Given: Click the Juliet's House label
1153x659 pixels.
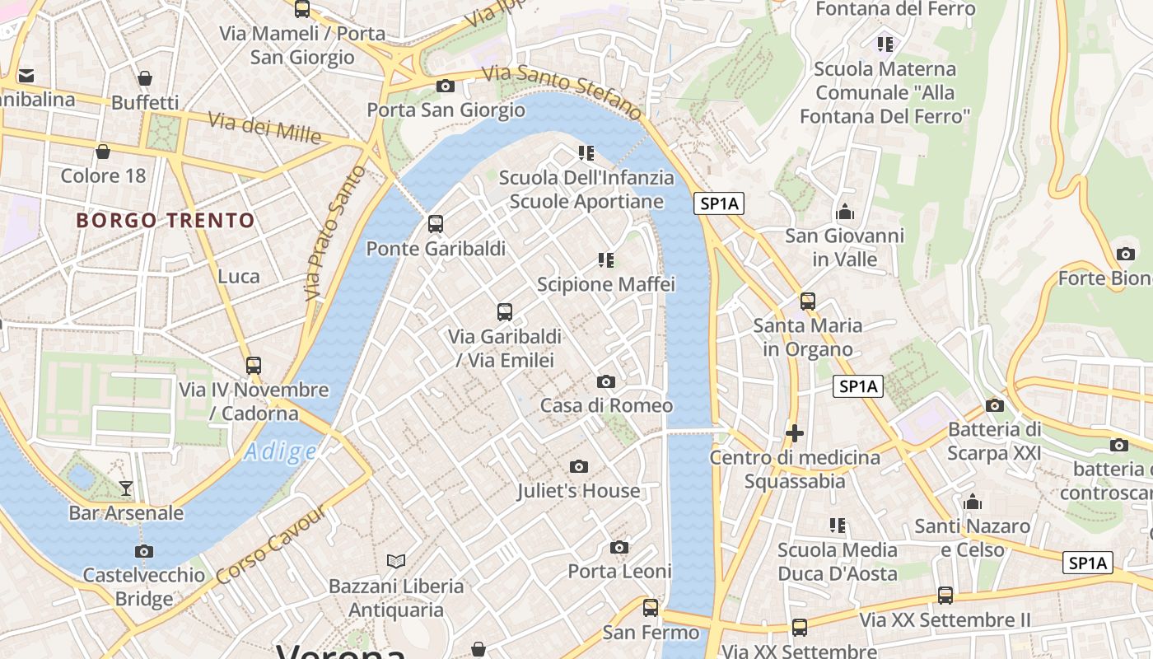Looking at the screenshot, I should point(578,491).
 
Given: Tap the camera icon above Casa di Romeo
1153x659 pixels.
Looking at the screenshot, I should point(605,381).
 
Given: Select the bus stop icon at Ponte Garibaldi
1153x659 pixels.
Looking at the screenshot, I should point(435,223).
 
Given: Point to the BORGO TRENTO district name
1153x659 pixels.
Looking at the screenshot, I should point(166,221).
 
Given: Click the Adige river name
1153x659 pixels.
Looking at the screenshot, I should point(281,451).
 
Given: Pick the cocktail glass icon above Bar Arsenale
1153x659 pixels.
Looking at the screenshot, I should point(125,488).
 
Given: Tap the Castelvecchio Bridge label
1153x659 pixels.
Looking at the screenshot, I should point(144,587).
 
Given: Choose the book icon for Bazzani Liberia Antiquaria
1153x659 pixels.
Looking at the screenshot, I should point(396,561).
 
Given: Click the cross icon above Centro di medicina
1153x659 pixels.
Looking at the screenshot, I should point(795,432).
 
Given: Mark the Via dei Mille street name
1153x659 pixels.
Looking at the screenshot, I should point(264,128).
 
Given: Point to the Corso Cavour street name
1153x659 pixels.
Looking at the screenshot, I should point(272,544).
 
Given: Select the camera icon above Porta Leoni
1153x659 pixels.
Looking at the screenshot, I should point(619,547).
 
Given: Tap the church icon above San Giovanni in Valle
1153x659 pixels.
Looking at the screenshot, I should point(844,213).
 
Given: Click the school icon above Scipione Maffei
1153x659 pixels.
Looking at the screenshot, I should point(605,260).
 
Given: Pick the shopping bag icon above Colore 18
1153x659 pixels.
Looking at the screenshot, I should point(103,152).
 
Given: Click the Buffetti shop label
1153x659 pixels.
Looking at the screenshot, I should point(145,103).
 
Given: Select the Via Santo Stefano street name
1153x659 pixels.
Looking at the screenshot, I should point(562,91).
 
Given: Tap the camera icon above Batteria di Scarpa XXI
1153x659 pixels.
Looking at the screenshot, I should point(994,405).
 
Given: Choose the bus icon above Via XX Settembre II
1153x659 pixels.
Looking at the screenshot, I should point(945,595).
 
